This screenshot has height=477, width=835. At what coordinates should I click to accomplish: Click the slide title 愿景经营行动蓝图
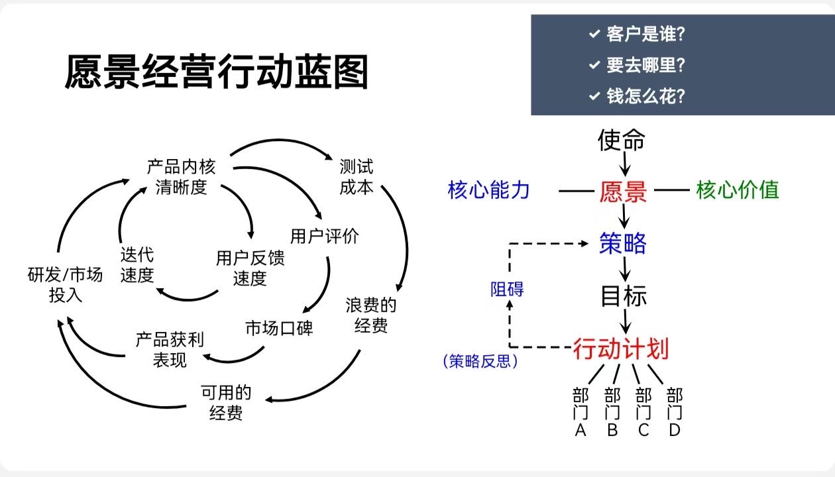[x=216, y=72]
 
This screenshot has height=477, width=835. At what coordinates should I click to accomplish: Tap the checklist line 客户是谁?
[x=645, y=34]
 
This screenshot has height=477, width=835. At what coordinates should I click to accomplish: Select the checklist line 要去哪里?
[x=645, y=65]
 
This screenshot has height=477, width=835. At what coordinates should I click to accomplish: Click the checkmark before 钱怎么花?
[x=594, y=96]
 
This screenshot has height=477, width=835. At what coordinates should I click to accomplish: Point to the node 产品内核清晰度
[x=181, y=176]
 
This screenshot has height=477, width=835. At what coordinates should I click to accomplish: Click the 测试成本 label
[x=357, y=176]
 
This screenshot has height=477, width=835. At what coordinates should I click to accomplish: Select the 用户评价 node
[x=325, y=237]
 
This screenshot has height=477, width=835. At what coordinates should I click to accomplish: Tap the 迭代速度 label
[x=137, y=265]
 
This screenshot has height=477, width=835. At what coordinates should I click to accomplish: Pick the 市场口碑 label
[x=279, y=328]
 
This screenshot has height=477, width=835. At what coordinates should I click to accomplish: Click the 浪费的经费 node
[x=371, y=315]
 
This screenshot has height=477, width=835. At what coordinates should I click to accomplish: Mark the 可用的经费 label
[x=226, y=403]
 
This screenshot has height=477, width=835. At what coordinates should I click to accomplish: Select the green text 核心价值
[x=737, y=190]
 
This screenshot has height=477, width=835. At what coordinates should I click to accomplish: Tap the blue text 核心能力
[x=489, y=190]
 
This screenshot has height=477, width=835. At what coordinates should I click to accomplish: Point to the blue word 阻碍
[x=507, y=289]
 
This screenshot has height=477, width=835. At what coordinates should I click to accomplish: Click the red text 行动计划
[x=620, y=348]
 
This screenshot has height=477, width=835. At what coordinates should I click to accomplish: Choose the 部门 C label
[x=643, y=412]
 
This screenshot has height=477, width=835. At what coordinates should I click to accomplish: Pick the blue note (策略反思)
[x=480, y=361]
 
